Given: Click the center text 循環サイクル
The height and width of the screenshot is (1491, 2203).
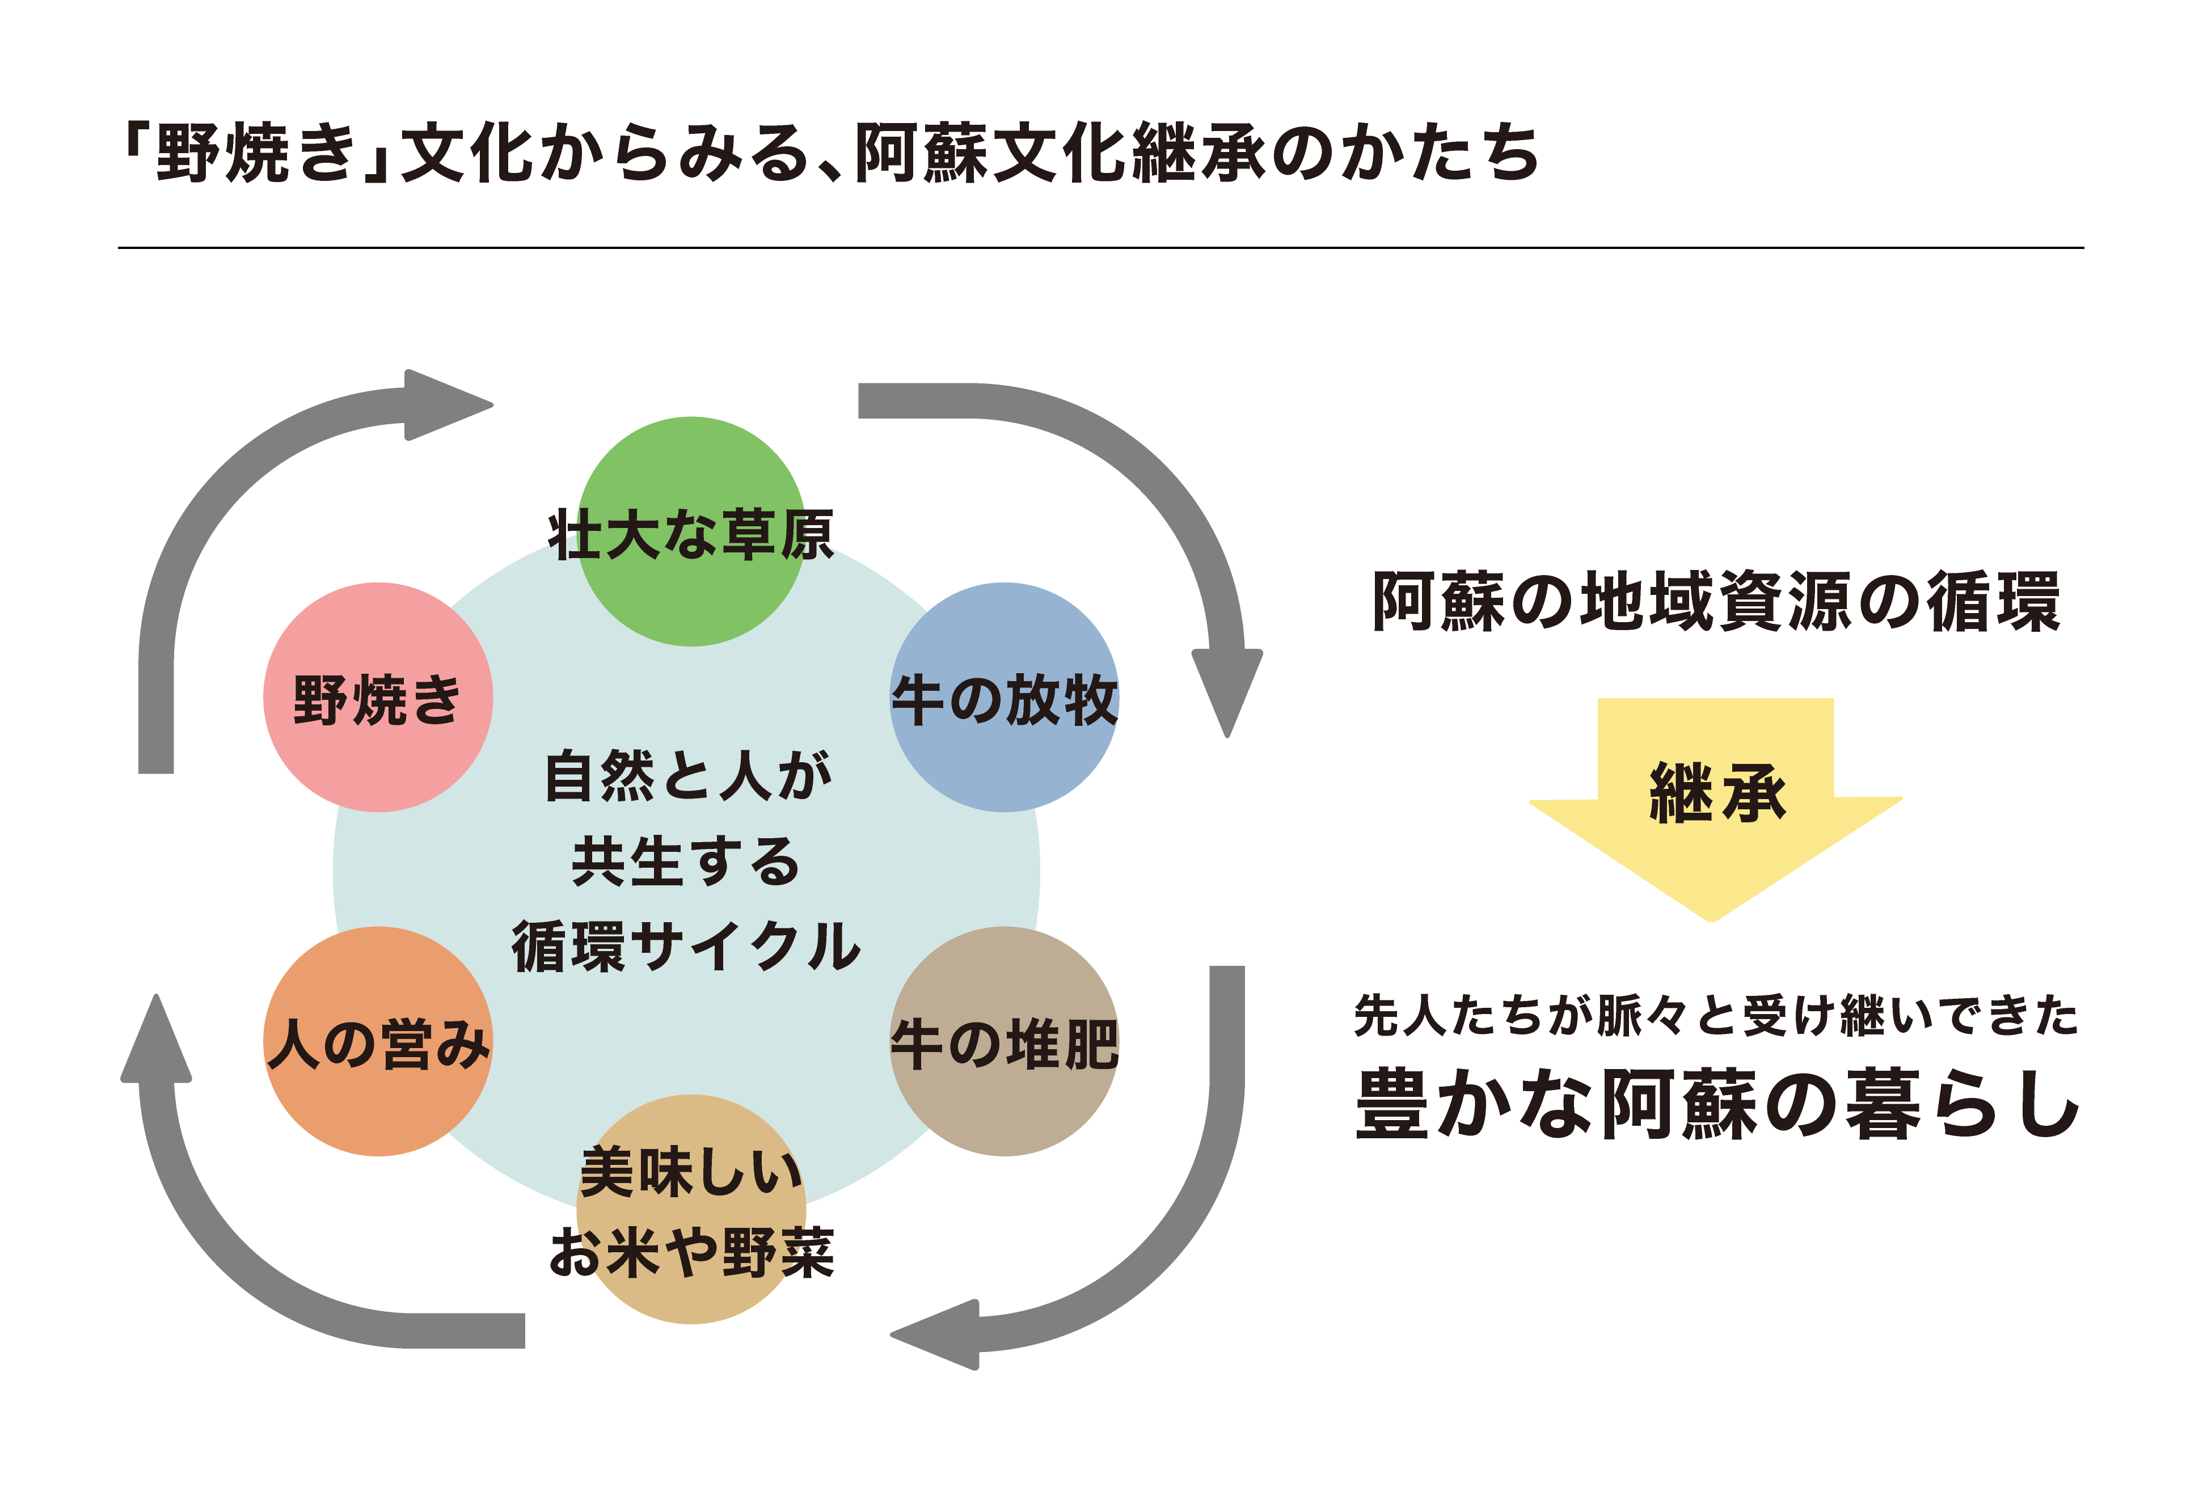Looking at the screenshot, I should point(686,946).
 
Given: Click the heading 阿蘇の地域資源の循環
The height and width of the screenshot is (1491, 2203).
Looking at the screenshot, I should point(1716,602).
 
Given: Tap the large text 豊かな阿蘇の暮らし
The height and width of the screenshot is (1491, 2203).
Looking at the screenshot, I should point(1716,1104).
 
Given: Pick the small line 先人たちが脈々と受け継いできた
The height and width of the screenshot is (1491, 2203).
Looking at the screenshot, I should point(1716,1017).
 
